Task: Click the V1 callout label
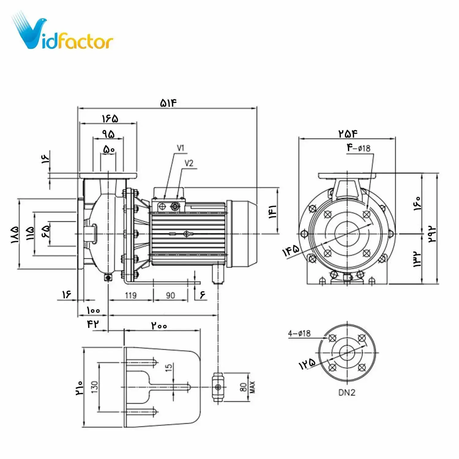pos(181,148)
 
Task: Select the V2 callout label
pos(189,163)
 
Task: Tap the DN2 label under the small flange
pos(347,392)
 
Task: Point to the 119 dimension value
pos(131,295)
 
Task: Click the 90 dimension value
pos(170,295)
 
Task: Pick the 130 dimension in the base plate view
pos(95,387)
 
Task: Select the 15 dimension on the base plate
pos(169,368)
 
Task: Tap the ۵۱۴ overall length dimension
pos(168,103)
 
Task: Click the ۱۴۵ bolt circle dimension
pos(291,251)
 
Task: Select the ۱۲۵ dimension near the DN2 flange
pos(307,364)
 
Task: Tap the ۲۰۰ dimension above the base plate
pos(159,326)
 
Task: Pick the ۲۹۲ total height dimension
pos(432,234)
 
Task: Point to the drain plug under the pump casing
pos(108,278)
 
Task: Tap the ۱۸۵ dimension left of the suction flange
pos(15,234)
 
